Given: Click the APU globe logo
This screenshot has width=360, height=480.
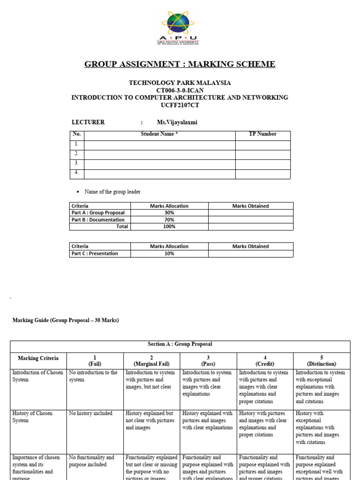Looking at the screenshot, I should pyautogui.click(x=178, y=23).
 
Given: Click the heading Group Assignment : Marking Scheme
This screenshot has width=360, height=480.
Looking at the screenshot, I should pyautogui.click(x=180, y=64).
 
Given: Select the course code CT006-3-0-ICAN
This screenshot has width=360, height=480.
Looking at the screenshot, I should pyautogui.click(x=180, y=90).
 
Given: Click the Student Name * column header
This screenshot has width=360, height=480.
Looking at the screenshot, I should pyautogui.click(x=159, y=134).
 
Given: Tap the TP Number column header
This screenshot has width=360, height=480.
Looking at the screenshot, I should pyautogui.click(x=262, y=134).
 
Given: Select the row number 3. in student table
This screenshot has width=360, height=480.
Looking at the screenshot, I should pyautogui.click(x=76, y=164).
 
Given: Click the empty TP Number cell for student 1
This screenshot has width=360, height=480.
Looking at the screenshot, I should pyautogui.click(x=262, y=144).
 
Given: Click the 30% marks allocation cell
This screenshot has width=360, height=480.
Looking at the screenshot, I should pyautogui.click(x=169, y=213).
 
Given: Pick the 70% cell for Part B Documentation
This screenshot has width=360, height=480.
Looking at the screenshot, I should pyautogui.click(x=169, y=220).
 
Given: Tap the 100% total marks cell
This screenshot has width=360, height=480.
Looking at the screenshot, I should pyautogui.click(x=169, y=226).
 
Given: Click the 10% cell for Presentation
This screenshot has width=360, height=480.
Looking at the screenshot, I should pyautogui.click(x=169, y=254).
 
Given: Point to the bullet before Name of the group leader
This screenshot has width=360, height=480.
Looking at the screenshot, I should pyautogui.click(x=77, y=192).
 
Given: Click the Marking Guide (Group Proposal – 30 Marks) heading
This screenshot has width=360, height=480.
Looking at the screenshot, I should pyautogui.click(x=65, y=320).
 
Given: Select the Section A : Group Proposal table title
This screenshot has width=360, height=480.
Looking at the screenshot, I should pyautogui.click(x=180, y=344).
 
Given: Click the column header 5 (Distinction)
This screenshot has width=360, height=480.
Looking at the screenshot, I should pyautogui.click(x=322, y=360).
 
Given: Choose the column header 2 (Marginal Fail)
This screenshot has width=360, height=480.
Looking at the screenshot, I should pyautogui.click(x=151, y=360).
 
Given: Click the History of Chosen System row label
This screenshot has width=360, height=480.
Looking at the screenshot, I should pyautogui.click(x=32, y=417).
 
